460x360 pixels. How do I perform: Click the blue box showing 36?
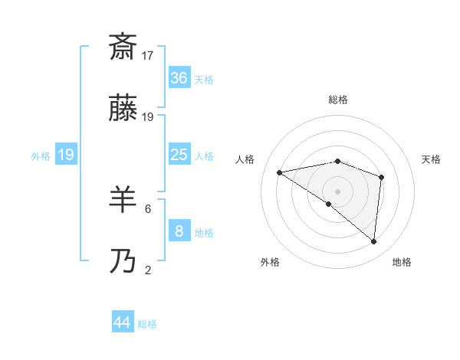[x=179, y=78]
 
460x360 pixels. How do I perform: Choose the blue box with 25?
[x=179, y=155]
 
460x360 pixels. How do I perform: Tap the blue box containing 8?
[x=179, y=231]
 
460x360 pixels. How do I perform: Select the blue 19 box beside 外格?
[x=65, y=155]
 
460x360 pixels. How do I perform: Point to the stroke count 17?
[x=149, y=56]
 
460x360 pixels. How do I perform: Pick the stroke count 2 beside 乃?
[x=148, y=270]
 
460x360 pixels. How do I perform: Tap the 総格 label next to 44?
[x=147, y=324]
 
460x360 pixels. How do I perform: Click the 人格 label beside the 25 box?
[x=204, y=156]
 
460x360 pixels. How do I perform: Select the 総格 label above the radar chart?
[x=338, y=100]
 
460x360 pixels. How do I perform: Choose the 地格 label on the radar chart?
[x=402, y=262]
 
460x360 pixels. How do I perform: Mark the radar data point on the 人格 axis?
[x=280, y=172]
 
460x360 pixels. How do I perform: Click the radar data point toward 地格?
[x=374, y=241]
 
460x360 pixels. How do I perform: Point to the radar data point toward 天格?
[x=381, y=177]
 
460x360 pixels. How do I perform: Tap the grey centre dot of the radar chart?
[x=338, y=191]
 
